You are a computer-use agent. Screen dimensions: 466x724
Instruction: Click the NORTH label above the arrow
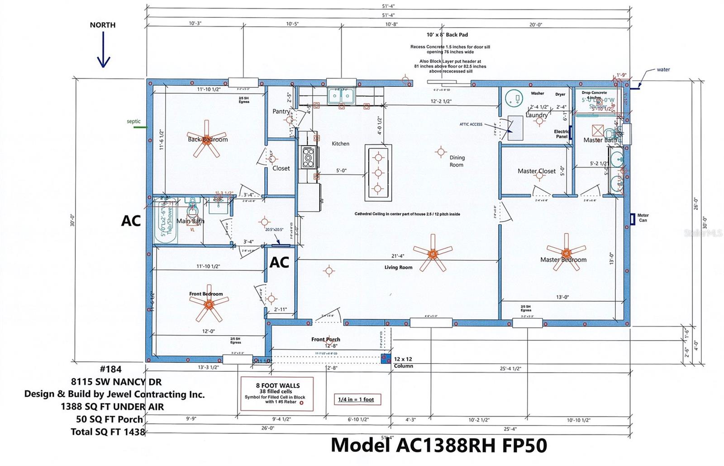point(102,25)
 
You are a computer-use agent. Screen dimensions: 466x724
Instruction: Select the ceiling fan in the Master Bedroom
point(566,252)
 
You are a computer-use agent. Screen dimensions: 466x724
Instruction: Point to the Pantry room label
point(281,111)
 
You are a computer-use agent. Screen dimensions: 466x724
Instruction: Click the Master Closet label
point(537,171)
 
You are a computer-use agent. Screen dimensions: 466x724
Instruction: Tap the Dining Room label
point(457,161)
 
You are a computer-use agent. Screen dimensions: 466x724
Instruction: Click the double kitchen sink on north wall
point(341,96)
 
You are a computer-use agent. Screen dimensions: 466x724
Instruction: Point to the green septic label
point(133,121)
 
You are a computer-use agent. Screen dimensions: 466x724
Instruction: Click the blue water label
point(663,70)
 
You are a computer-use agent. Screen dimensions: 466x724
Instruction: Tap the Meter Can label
point(643,218)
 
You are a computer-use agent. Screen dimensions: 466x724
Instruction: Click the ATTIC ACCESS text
point(471,124)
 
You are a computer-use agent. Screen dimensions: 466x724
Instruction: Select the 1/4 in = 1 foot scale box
point(357,399)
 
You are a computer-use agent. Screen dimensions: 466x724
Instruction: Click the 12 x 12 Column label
point(403,362)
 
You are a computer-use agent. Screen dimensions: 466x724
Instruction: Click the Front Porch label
point(325,339)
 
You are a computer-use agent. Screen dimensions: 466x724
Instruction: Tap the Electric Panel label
point(562,134)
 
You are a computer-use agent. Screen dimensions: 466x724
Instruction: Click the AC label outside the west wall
point(131,221)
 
